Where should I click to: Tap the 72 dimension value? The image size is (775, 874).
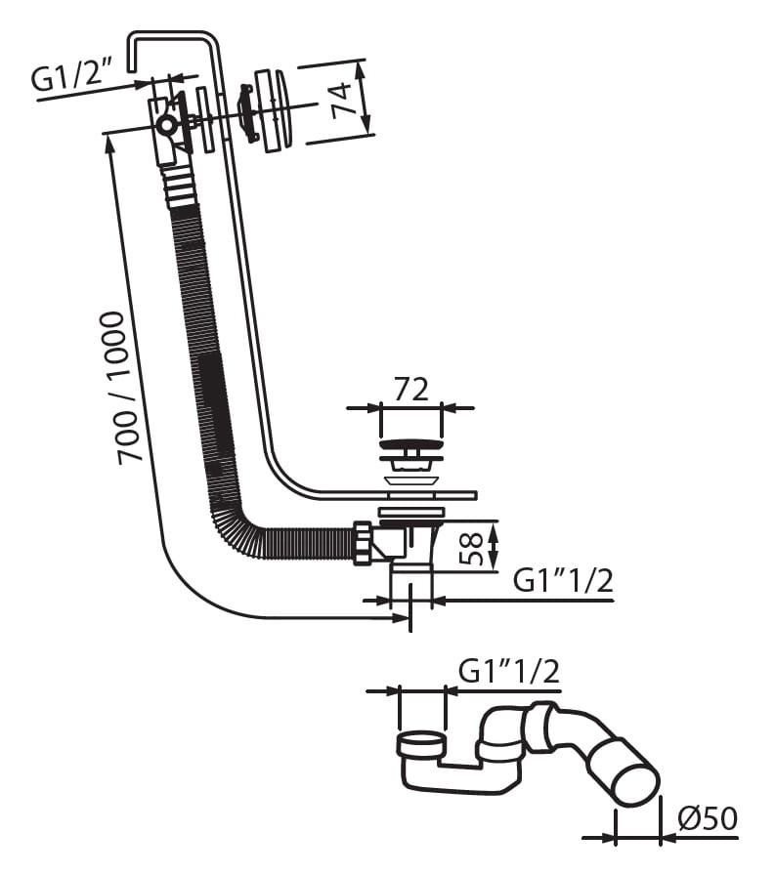click(x=410, y=389)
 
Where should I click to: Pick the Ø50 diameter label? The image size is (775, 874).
click(x=705, y=817)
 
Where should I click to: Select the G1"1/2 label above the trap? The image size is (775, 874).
click(x=508, y=671)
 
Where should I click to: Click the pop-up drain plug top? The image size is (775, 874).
click(x=410, y=447)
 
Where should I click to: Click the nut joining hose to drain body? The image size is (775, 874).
click(x=364, y=543)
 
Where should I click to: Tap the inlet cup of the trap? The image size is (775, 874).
click(x=422, y=745)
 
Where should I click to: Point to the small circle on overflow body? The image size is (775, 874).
click(x=167, y=125)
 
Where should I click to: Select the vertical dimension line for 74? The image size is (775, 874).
click(x=366, y=97)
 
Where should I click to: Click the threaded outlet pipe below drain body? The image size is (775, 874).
click(x=410, y=586)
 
